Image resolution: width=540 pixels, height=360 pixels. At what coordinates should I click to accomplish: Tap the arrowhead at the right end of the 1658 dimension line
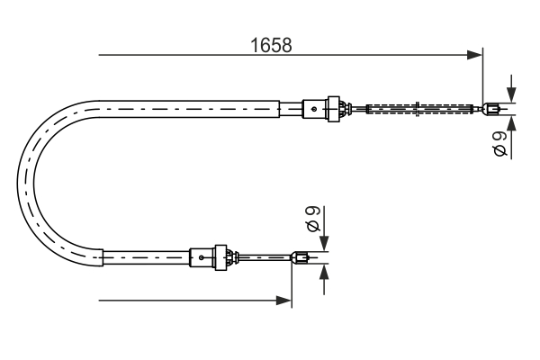point(476,56)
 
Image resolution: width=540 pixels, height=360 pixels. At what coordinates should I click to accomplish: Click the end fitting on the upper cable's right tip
point(491,111)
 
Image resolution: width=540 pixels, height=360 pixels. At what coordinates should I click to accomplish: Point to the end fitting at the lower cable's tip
point(302,260)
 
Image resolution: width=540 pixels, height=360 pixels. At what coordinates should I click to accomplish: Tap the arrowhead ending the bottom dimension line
point(285,300)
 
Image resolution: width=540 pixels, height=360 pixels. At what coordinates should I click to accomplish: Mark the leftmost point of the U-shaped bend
point(20,184)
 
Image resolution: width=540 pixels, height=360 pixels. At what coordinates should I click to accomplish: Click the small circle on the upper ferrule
point(313,110)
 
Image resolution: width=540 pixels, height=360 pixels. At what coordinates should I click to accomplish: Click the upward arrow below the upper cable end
point(512,123)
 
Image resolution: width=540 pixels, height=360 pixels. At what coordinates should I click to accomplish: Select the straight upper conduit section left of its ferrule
point(198,109)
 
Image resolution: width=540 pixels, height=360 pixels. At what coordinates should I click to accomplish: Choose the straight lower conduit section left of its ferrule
point(144,258)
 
